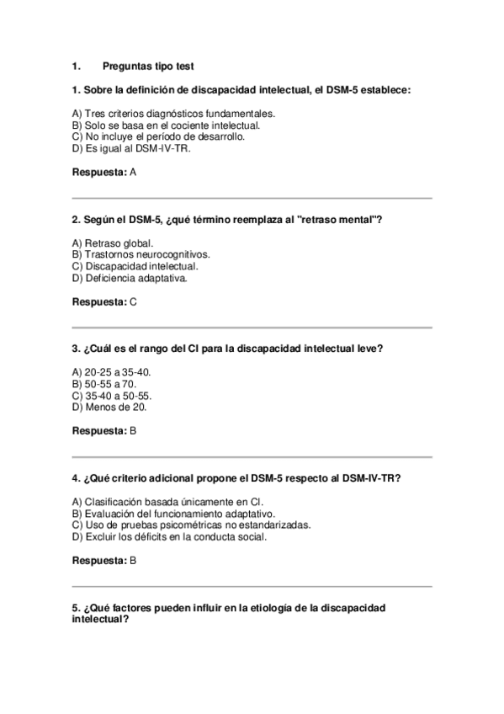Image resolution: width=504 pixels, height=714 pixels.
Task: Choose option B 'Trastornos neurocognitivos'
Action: pos(141,253)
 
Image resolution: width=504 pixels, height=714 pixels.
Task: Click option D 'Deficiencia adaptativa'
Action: pos(130,277)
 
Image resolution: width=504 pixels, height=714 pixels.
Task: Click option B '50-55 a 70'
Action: pos(107,383)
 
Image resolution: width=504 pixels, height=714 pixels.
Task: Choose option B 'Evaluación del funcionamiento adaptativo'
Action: pos(174,513)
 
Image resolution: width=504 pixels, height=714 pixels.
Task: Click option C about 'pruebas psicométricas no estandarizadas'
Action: pos(191,525)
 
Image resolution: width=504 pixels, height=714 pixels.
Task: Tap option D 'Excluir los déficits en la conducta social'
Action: pos(170,536)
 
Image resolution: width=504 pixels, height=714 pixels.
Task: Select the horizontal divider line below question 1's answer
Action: pos(252,199)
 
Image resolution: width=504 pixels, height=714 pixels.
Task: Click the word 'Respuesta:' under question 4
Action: pos(99,560)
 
